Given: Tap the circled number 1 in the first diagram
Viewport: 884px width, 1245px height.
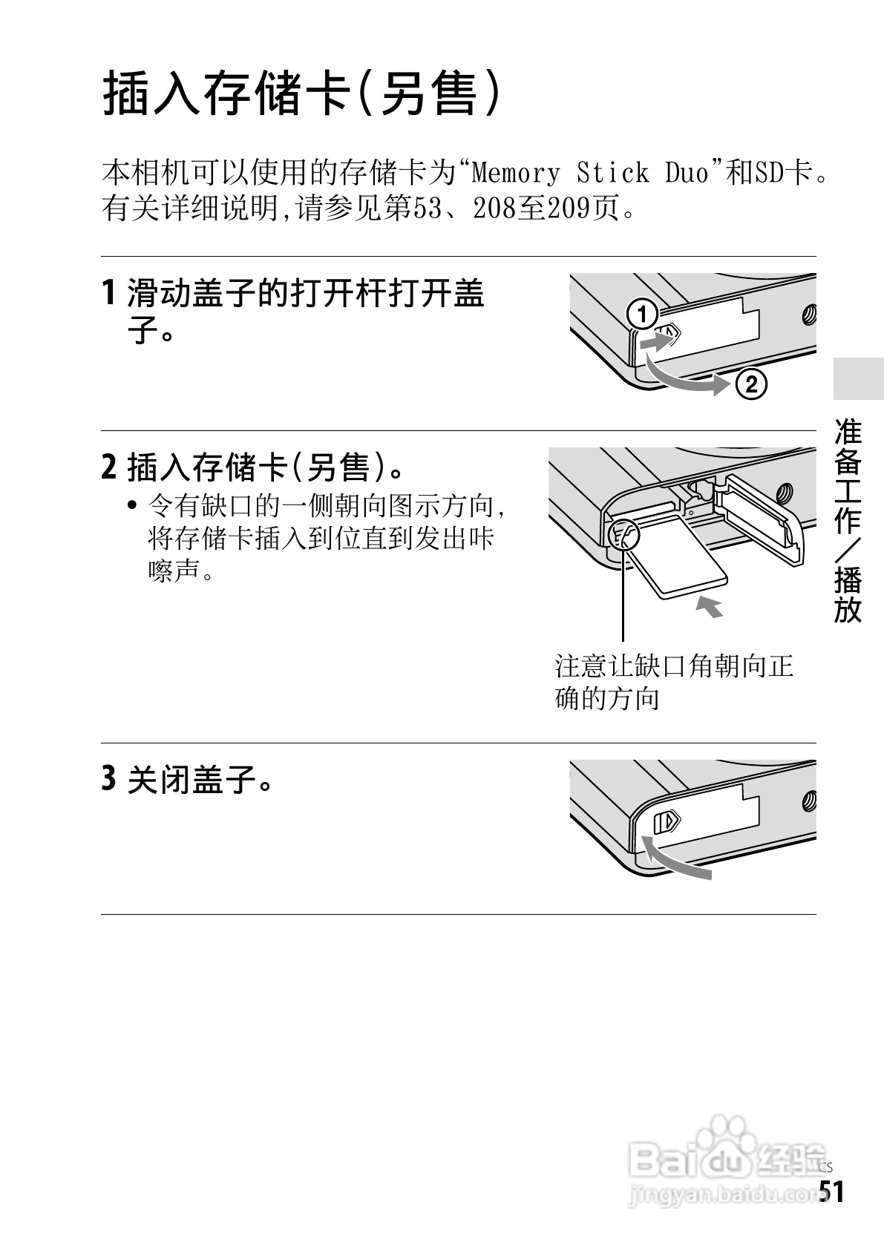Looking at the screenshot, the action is (644, 315).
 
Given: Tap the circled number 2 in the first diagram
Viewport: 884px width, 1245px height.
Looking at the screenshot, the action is (751, 384).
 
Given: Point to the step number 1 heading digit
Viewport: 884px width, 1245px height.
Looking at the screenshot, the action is (110, 292).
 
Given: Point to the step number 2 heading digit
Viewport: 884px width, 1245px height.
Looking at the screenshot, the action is (109, 466).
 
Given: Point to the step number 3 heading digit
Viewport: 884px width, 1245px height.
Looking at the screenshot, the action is (109, 778).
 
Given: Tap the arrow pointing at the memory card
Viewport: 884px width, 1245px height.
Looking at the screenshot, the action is (710, 606).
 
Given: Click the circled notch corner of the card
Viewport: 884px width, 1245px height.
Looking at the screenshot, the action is (623, 536).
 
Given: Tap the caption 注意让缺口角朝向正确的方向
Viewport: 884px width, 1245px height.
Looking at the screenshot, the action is (674, 682).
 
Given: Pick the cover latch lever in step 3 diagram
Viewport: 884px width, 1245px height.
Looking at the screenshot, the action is (667, 821).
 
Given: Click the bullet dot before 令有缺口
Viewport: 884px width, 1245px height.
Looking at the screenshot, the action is (132, 506).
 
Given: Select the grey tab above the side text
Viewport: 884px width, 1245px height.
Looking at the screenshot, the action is (859, 379).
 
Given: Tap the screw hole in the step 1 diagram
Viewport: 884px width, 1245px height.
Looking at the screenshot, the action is (810, 315).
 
